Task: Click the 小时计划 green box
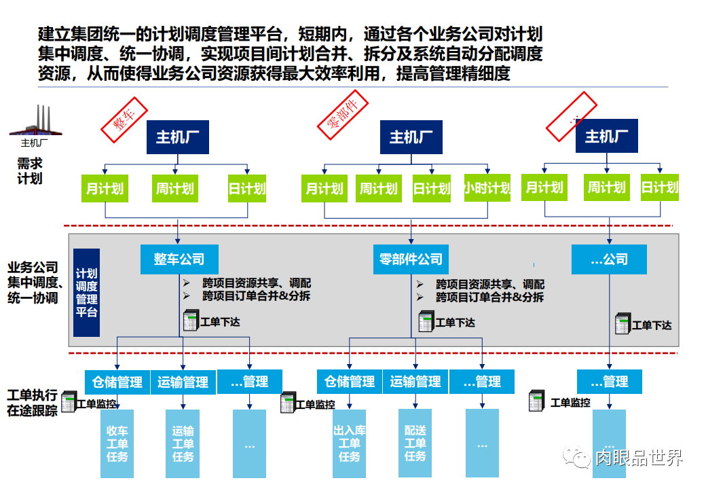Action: click(x=487, y=188)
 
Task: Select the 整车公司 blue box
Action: click(x=179, y=259)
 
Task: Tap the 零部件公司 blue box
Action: click(x=411, y=259)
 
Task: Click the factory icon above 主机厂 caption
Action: click(x=35, y=123)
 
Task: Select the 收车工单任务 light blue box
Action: click(x=117, y=443)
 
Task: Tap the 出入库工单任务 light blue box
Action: click(x=349, y=443)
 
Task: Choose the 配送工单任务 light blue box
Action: click(x=415, y=443)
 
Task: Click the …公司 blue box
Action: click(x=609, y=259)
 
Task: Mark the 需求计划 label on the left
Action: click(x=30, y=171)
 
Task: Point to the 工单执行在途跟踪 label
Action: click(x=32, y=403)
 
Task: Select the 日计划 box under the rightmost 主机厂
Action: click(x=659, y=187)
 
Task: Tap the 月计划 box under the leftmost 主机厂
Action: click(x=105, y=188)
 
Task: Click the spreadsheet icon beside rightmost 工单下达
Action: click(x=623, y=324)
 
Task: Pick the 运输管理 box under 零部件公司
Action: click(x=415, y=382)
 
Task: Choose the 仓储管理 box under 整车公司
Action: click(x=117, y=382)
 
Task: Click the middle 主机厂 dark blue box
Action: click(x=411, y=138)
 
